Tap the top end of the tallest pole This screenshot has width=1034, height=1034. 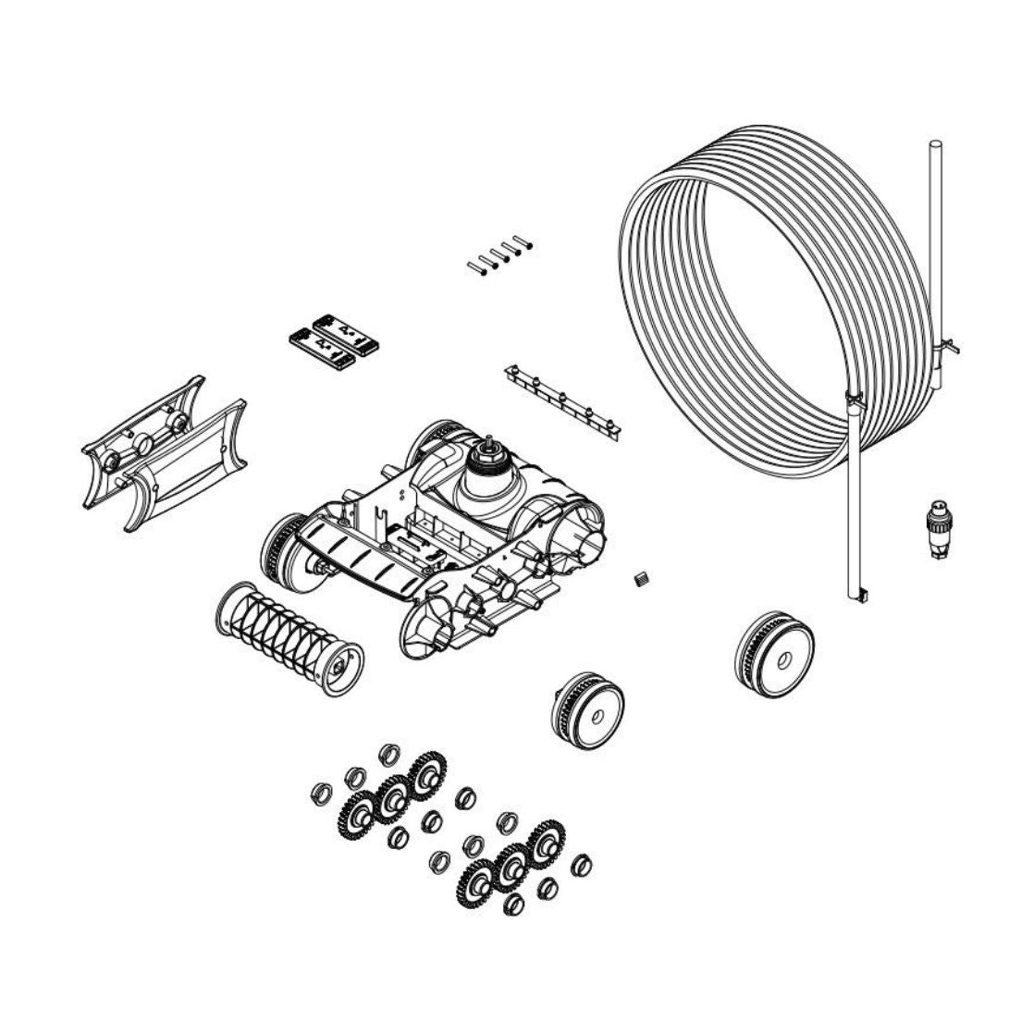[934, 146]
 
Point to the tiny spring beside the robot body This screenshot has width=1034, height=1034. [637, 579]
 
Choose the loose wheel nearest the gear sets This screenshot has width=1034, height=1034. [587, 709]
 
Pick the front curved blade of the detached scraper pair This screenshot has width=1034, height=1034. [185, 462]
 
